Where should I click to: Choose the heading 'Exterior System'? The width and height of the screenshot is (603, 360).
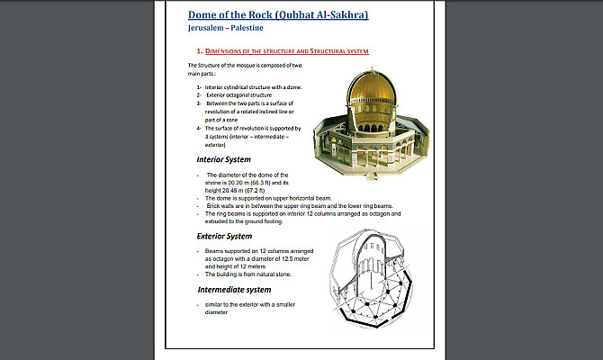pos(230,236)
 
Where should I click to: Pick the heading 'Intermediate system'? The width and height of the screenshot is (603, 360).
pos(234,290)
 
